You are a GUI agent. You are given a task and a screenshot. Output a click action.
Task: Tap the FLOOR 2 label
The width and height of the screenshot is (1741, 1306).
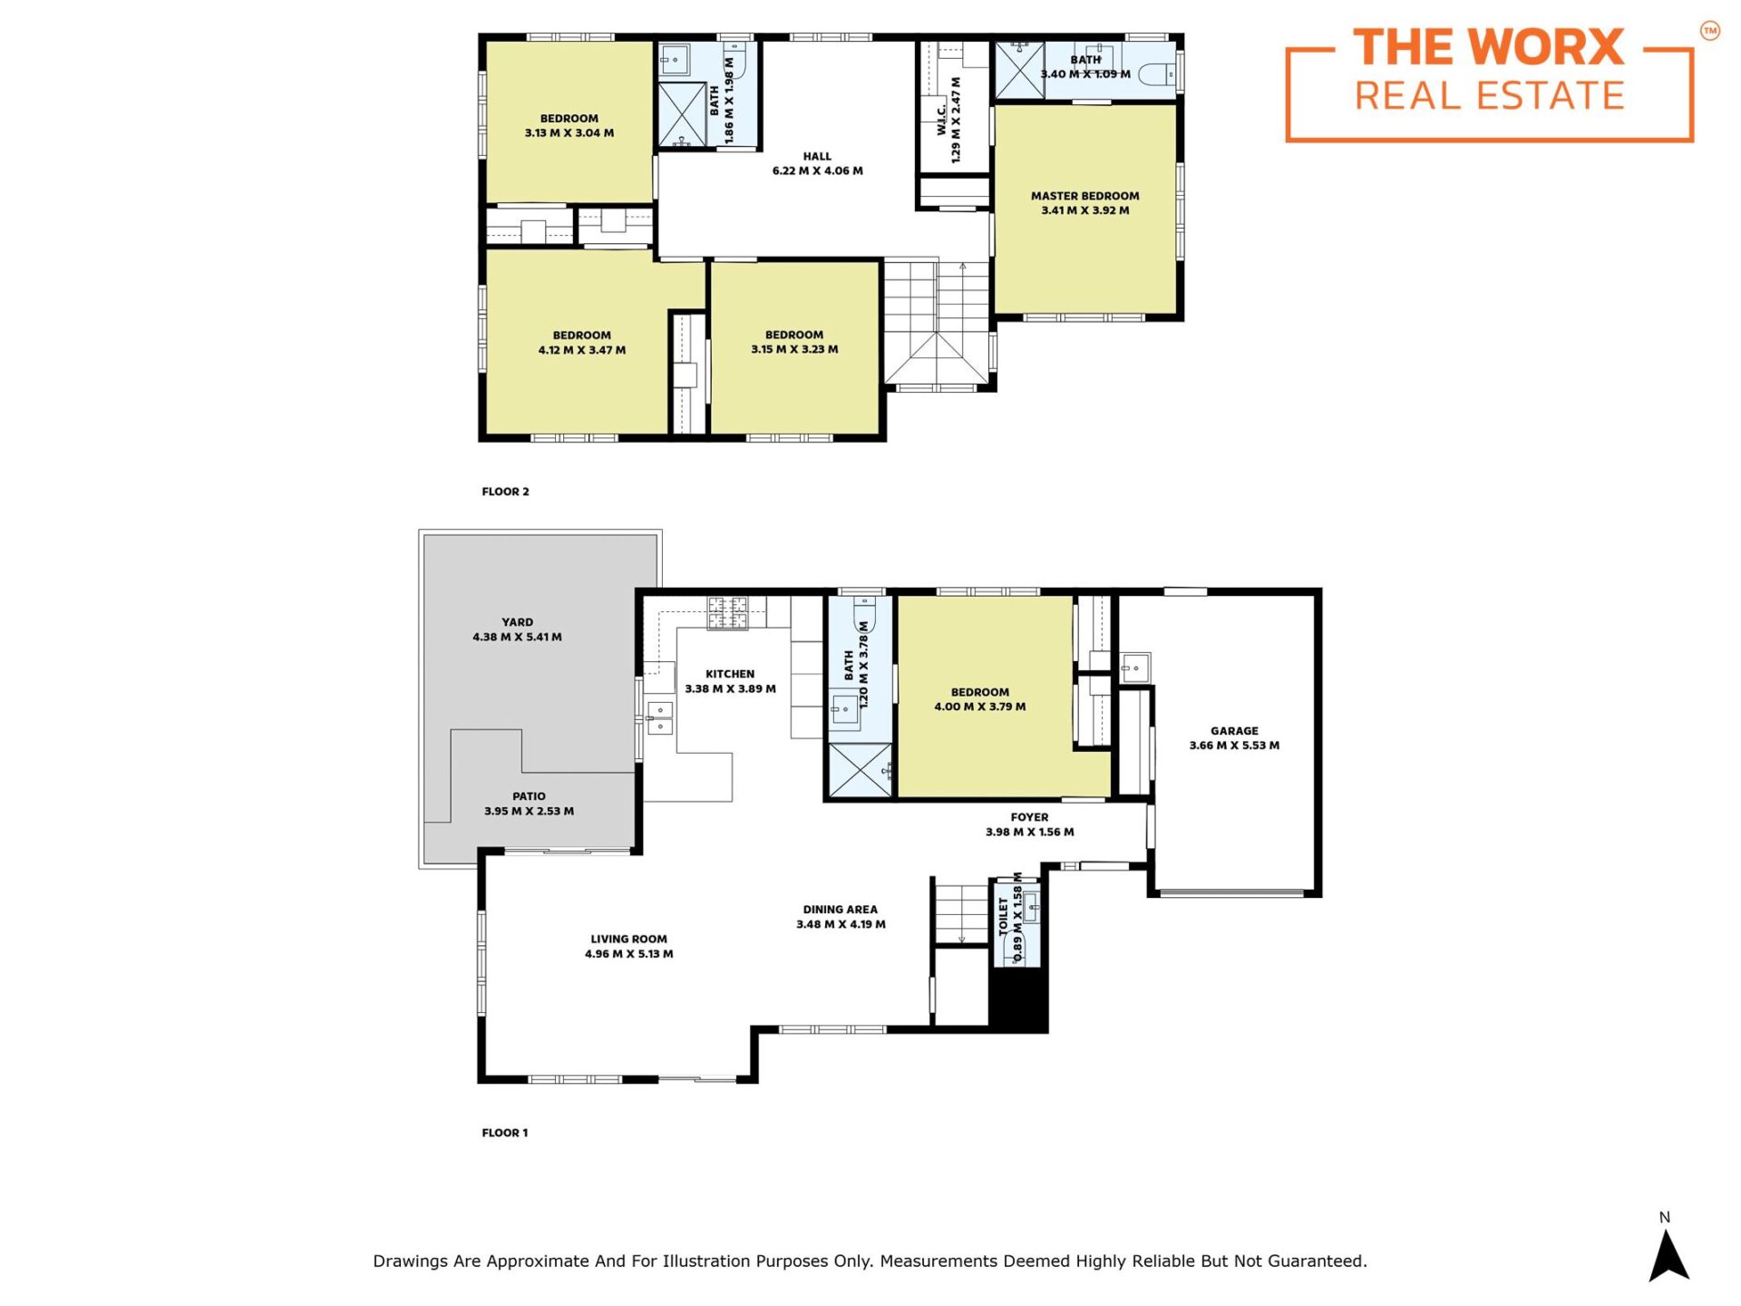[x=505, y=492]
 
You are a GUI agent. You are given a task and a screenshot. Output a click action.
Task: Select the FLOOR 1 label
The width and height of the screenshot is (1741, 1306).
[x=504, y=1133]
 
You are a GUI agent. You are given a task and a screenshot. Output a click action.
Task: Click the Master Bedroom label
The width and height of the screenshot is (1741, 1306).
[x=1085, y=196]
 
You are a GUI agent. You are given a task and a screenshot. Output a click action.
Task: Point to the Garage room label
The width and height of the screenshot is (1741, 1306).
[x=1234, y=731]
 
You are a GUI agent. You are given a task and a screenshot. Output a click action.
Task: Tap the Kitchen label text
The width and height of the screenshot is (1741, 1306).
[x=730, y=674]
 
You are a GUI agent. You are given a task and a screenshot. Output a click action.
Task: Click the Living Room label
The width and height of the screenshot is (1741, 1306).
[x=628, y=940]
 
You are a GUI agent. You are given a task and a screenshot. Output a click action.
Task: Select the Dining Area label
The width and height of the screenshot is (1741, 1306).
[x=841, y=910]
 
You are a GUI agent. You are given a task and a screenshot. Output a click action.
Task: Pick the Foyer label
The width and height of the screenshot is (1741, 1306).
[x=1029, y=817]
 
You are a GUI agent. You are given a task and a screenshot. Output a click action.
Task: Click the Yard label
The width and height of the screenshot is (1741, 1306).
[x=517, y=622]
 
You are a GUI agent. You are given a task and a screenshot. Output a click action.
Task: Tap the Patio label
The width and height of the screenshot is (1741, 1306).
[x=529, y=796]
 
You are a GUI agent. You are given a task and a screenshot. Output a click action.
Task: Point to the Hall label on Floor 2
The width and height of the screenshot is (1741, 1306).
[x=817, y=156]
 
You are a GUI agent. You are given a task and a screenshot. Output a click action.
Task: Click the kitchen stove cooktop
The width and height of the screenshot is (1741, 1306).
[x=727, y=613]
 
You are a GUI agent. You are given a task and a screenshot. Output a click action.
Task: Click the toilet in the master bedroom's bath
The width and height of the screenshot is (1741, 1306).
[x=1156, y=73]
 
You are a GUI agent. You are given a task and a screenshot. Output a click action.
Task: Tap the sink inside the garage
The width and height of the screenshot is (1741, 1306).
[x=1135, y=668]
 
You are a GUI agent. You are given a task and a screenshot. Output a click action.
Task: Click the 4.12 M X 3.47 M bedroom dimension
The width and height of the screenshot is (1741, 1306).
[x=582, y=350]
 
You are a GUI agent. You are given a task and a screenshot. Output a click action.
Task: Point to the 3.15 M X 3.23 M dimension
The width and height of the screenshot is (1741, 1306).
[x=794, y=349]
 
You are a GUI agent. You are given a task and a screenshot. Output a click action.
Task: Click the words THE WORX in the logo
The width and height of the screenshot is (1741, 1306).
[x=1489, y=47]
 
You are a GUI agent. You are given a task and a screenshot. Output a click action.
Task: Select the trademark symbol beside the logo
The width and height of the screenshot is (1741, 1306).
[x=1709, y=32]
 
